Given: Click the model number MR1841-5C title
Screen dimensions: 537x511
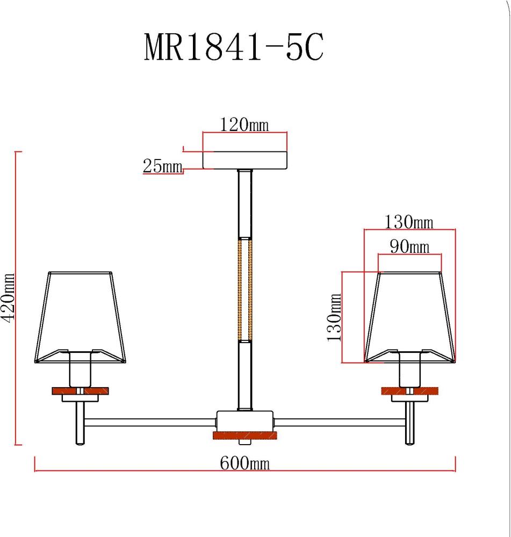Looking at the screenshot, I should (x=234, y=48).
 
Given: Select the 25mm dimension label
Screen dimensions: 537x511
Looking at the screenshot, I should (x=162, y=166).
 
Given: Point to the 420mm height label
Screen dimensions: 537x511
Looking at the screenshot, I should (x=8, y=299).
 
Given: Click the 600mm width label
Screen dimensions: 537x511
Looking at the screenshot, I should (x=244, y=463).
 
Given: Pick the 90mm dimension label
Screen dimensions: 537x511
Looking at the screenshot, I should (x=409, y=246).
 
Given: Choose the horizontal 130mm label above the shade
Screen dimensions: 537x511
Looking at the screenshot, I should (x=409, y=221).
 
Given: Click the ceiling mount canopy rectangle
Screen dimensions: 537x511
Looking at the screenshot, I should (x=244, y=160).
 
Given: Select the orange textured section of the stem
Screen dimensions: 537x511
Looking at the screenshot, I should (x=245, y=290).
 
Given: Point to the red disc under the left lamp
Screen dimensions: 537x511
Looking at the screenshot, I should (x=80, y=391).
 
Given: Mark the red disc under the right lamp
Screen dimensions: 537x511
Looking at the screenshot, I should (x=410, y=391).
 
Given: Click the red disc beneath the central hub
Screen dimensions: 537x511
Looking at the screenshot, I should (x=245, y=436).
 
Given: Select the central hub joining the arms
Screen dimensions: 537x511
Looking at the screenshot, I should (x=245, y=420).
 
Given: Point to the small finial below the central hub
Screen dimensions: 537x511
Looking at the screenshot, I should (x=245, y=444).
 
